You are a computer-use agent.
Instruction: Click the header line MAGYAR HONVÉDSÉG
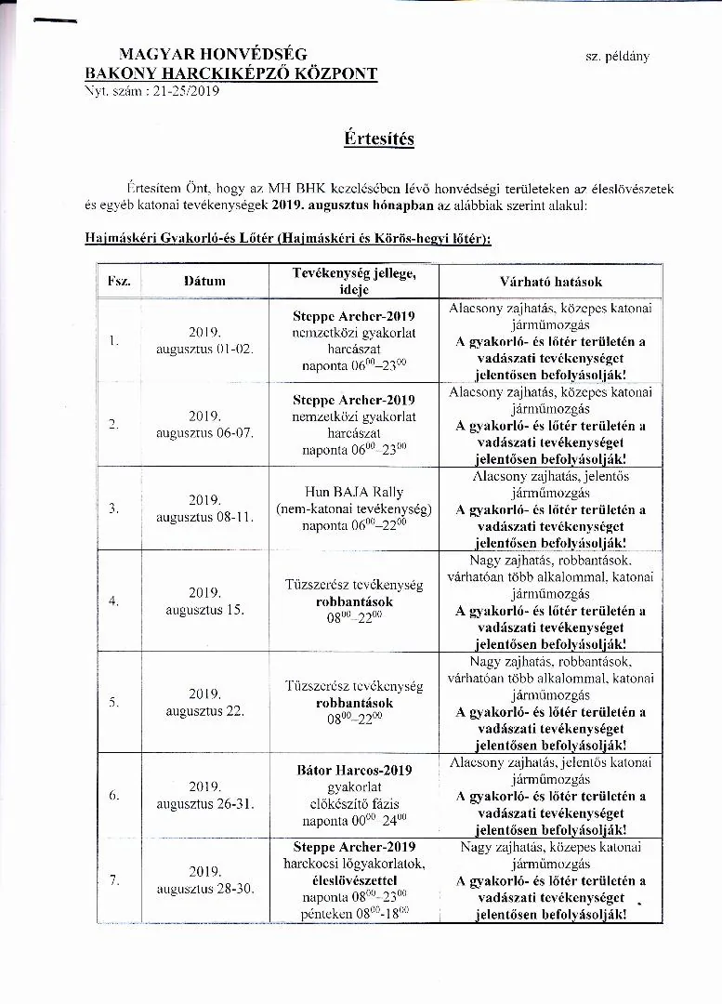coord(213,55)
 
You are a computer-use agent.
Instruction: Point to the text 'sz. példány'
coord(617,56)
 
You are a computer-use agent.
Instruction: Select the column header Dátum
coord(204,280)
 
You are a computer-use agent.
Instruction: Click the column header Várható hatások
coord(551,281)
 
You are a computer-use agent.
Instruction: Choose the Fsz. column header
coord(119,281)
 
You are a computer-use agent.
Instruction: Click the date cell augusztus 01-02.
coord(204,349)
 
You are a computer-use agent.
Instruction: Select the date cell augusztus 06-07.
coord(204,433)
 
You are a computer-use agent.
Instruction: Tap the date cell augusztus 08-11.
coord(204,517)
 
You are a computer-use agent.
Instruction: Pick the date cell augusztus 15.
coord(204,610)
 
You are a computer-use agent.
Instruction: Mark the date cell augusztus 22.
coord(204,711)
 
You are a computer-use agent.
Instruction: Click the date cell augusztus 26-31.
coord(204,804)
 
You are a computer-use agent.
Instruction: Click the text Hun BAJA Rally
coord(354,492)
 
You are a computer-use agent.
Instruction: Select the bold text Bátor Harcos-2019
coord(354,770)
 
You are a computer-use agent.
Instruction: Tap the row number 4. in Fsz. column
coord(113,601)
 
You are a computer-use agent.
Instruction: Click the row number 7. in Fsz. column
coord(113,880)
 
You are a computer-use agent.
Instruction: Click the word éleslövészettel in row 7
coord(354,880)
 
